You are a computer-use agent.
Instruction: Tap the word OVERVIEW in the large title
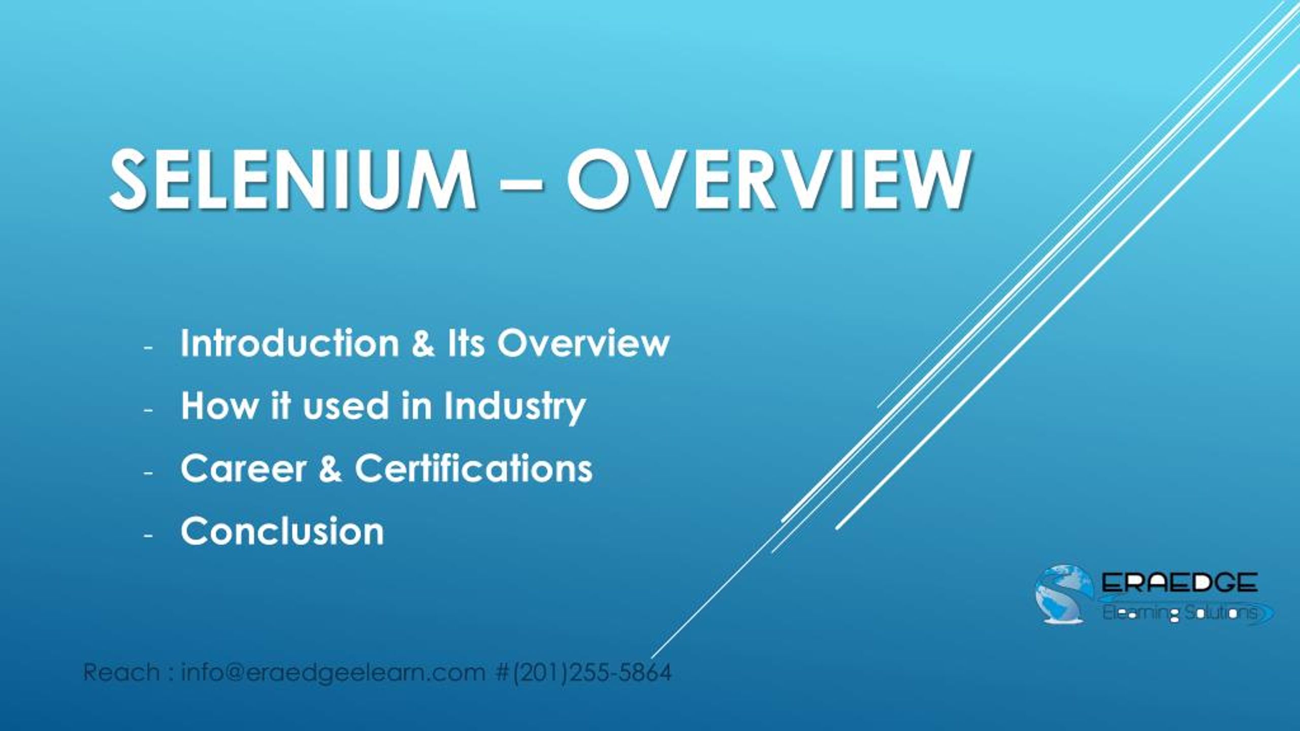pos(767,180)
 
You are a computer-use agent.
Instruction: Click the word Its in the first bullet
pos(466,344)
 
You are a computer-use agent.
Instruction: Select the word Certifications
pos(473,469)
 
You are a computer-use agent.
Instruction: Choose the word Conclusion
pos(282,531)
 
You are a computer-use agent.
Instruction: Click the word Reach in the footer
pos(121,673)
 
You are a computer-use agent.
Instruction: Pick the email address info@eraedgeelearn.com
pos(333,673)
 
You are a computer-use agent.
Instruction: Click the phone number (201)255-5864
pos(592,673)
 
